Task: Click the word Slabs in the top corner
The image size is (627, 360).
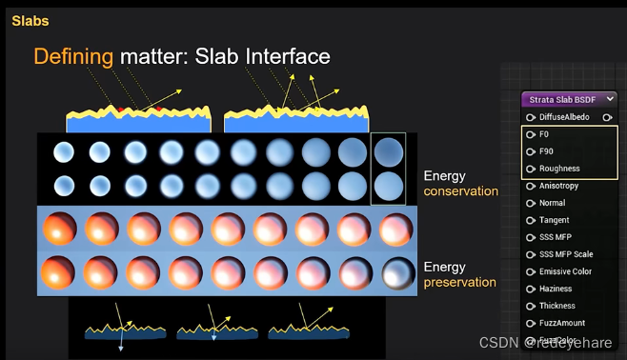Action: (x=30, y=20)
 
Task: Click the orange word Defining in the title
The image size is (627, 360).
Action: (x=73, y=56)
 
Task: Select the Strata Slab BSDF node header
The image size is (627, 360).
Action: (x=563, y=99)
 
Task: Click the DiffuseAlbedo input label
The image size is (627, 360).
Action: (x=564, y=117)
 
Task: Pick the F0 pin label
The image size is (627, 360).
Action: (x=544, y=134)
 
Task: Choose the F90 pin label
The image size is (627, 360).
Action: (x=546, y=151)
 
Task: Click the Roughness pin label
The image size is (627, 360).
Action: (x=558, y=169)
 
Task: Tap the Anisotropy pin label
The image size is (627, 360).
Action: (x=559, y=186)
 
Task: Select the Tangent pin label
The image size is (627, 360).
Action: (x=554, y=220)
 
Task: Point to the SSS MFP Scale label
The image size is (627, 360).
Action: (x=566, y=254)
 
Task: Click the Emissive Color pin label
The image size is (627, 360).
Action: (x=565, y=271)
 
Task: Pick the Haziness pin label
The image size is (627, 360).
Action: (x=556, y=289)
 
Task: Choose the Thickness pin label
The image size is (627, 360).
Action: (x=557, y=306)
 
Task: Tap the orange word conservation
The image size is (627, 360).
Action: (x=461, y=190)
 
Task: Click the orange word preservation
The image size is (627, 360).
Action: (x=459, y=282)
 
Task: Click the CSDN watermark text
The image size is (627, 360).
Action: (x=496, y=342)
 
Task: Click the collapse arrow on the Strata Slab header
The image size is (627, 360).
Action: (x=610, y=99)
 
